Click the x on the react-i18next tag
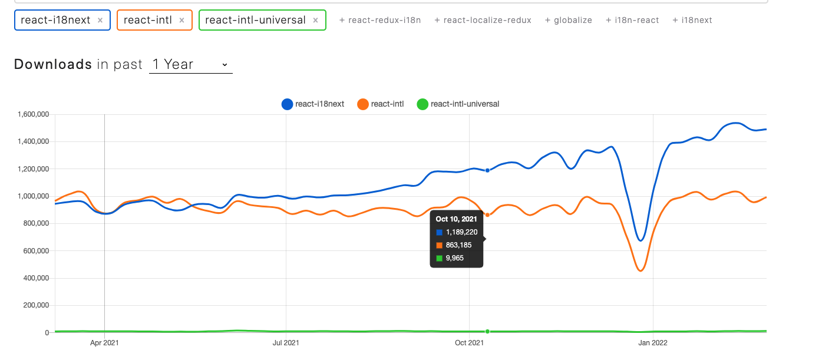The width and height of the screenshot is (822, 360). point(100,20)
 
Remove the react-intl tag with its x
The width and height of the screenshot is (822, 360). point(181,20)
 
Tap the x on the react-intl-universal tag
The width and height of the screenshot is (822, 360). point(315,20)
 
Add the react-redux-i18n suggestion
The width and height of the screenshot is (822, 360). point(380,20)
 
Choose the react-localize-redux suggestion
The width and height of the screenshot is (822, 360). point(483,20)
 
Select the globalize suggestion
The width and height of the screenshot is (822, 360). point(569,20)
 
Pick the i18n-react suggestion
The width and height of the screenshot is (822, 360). point(632,20)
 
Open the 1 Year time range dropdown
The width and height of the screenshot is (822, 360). point(190,64)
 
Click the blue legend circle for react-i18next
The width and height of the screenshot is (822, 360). point(287,104)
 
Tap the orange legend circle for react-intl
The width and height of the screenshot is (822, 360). point(363,104)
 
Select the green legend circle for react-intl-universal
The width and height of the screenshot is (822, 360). point(422,104)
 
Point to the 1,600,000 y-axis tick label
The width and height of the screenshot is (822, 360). point(33,114)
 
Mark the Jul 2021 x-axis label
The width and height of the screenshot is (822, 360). point(286,342)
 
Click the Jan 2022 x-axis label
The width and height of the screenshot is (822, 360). point(653,342)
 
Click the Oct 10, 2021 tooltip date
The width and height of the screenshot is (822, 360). point(456,219)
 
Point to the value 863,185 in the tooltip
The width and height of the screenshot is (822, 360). point(458,245)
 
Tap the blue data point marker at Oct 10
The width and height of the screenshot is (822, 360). point(487,170)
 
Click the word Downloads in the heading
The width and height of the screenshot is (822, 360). point(53,64)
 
